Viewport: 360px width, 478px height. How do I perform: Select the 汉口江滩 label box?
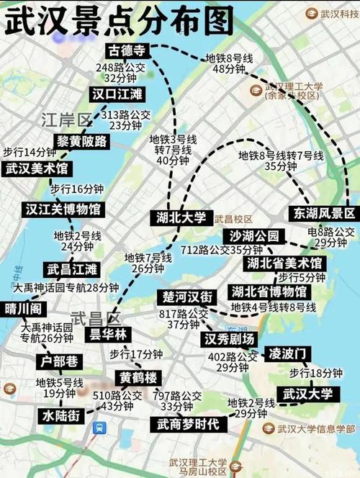coord(116,94)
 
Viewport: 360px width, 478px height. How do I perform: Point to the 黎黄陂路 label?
coord(81,141)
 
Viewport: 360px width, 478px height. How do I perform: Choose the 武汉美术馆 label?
coord(36,168)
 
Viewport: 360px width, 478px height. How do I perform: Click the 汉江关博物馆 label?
coord(63,209)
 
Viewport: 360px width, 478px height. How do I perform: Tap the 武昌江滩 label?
coord(72,270)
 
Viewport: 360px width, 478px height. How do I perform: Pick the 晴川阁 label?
coord(26,309)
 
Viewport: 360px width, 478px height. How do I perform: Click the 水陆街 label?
coord(62,415)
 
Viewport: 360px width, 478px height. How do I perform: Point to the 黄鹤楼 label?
coord(140,378)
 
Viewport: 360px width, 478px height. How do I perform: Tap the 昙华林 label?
coord(107,334)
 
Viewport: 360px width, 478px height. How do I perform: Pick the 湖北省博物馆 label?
coord(269,292)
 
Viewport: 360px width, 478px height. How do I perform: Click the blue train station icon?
coord(99,427)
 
